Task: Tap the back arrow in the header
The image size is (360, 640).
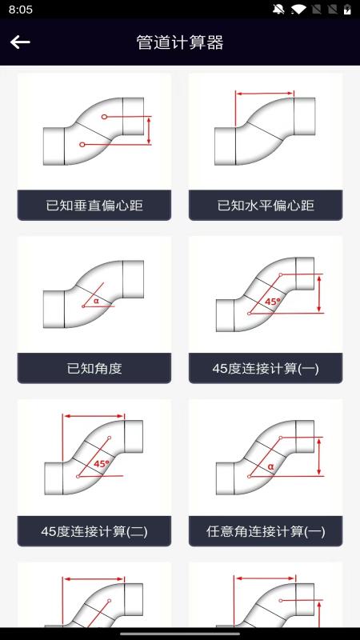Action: pyautogui.click(x=20, y=42)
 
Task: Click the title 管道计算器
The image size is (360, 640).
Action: pyautogui.click(x=180, y=42)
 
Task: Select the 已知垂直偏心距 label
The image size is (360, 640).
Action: pyautogui.click(x=94, y=206)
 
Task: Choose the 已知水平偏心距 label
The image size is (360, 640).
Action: pyautogui.click(x=266, y=206)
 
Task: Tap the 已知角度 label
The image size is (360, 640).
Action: pyautogui.click(x=94, y=369)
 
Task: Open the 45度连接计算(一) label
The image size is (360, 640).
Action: pyautogui.click(x=266, y=369)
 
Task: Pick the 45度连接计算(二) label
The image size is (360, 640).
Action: pyautogui.click(x=94, y=531)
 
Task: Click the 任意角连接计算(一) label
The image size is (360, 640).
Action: pyautogui.click(x=266, y=531)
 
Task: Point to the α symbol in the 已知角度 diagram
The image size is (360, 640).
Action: pyautogui.click(x=96, y=301)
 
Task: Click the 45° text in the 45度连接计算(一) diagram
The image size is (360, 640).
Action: pyautogui.click(x=273, y=302)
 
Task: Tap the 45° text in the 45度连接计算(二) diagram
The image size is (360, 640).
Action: pyautogui.click(x=102, y=463)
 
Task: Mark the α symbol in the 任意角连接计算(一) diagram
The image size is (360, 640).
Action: pyautogui.click(x=270, y=466)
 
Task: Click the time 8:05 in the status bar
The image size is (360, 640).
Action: pyautogui.click(x=21, y=10)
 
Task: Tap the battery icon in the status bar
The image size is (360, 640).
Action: pyautogui.click(x=348, y=10)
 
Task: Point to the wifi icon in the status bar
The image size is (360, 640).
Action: pyautogui.click(x=298, y=10)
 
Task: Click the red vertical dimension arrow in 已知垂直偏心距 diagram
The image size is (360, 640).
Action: pyautogui.click(x=149, y=130)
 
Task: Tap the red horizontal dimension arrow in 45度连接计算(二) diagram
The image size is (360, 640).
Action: pyautogui.click(x=94, y=416)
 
